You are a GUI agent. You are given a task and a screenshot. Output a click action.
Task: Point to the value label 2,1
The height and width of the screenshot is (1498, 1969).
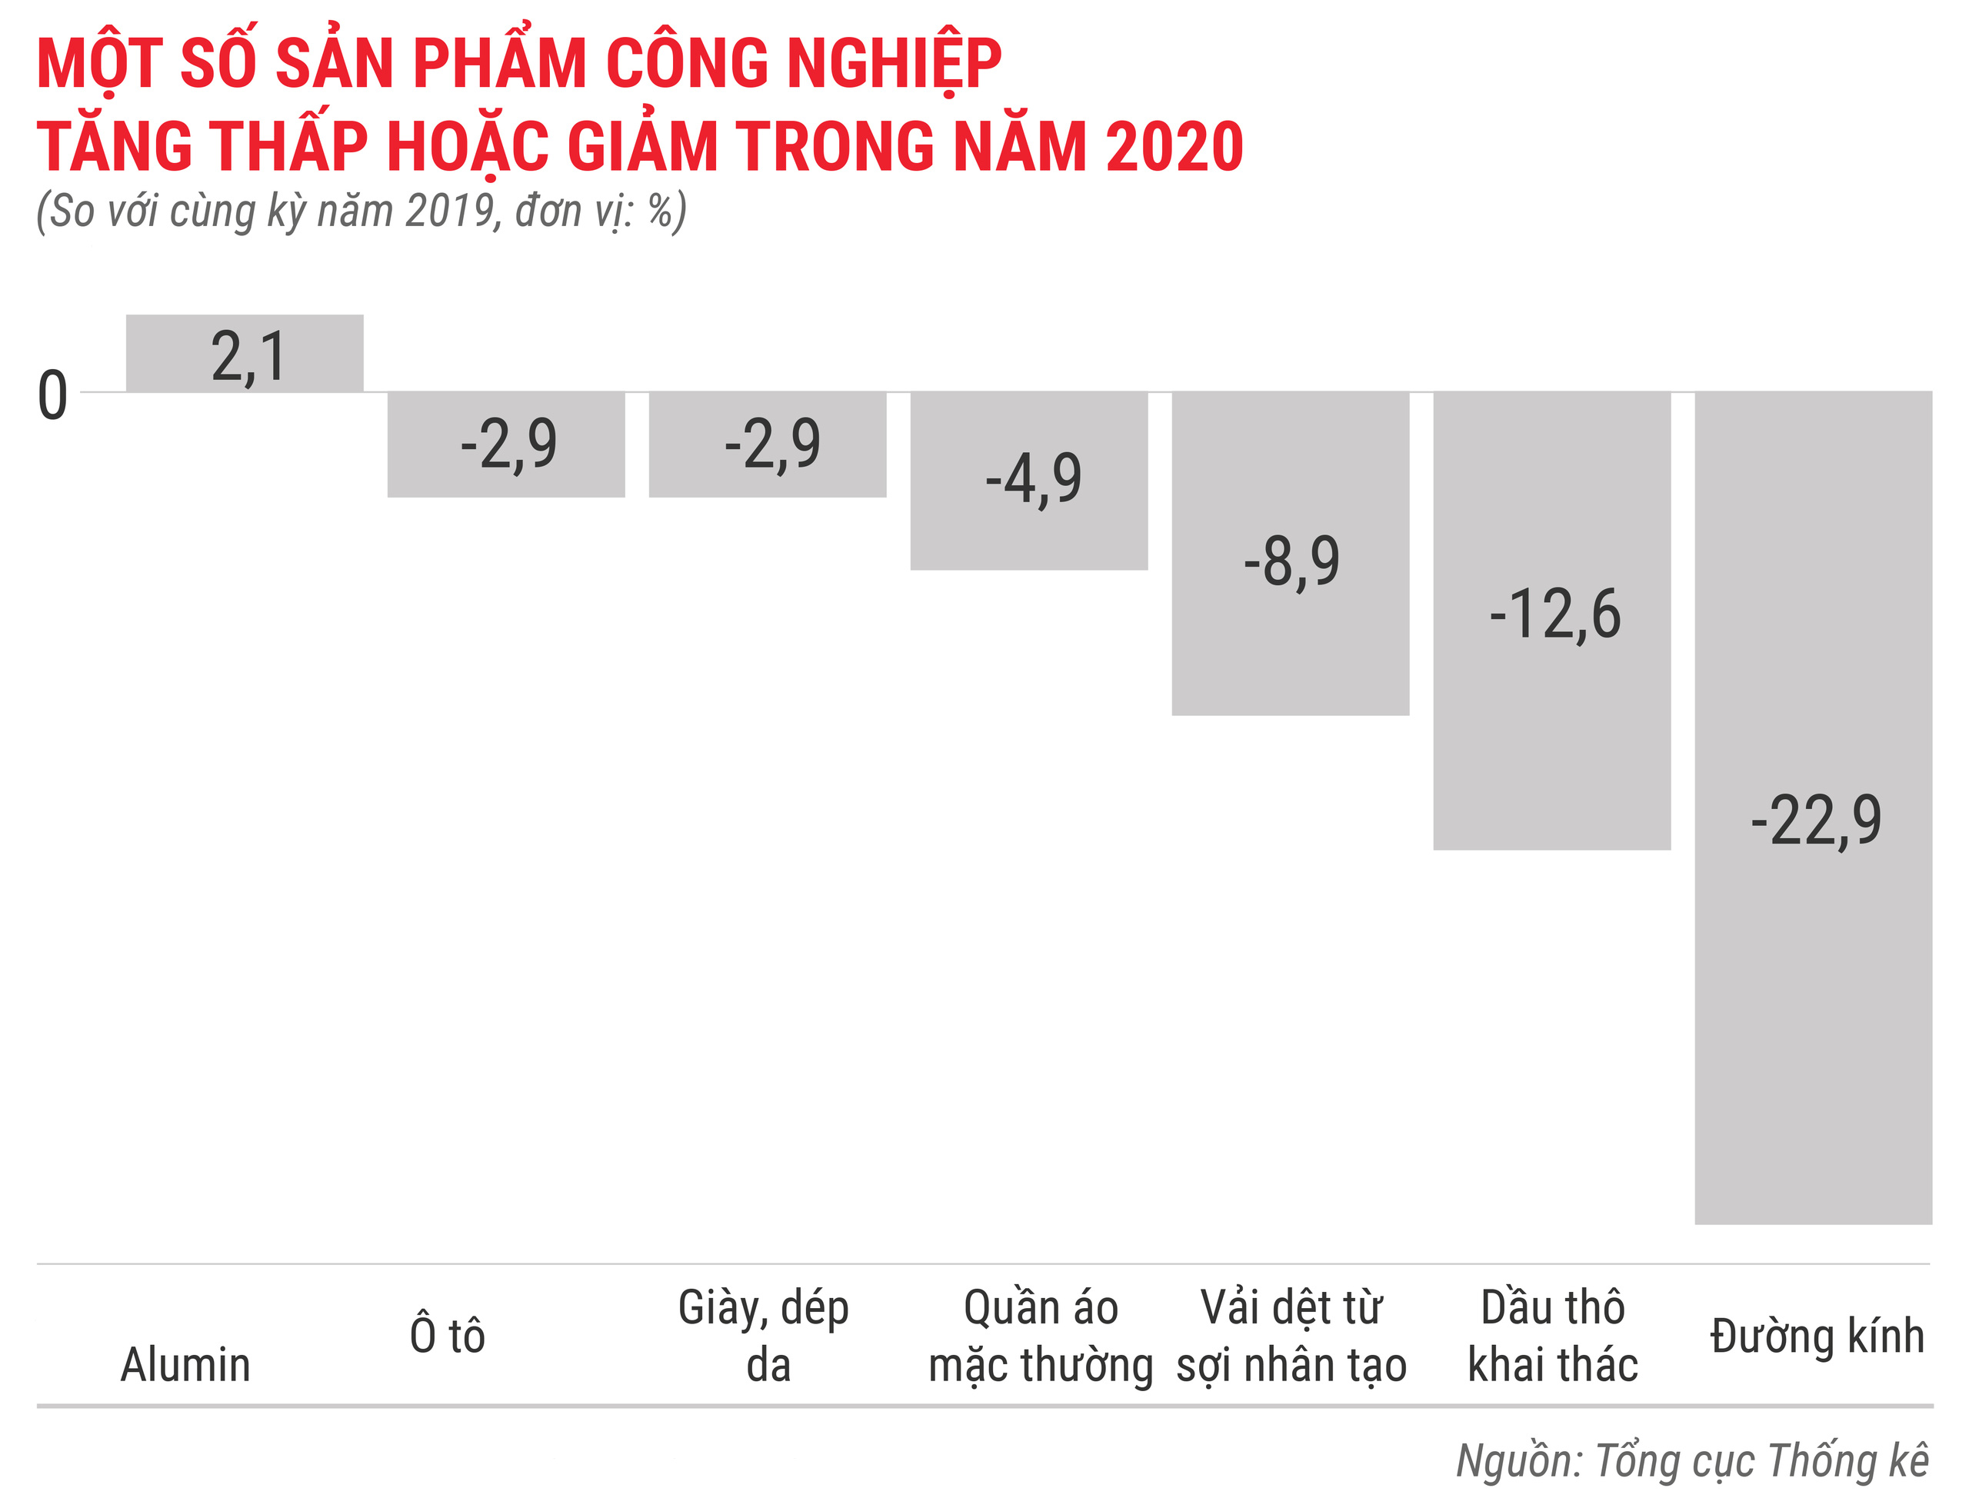point(248,358)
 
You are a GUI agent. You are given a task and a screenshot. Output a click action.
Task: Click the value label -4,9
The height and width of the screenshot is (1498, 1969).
point(1034,479)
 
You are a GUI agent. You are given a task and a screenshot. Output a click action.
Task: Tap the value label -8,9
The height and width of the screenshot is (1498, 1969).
point(1291,561)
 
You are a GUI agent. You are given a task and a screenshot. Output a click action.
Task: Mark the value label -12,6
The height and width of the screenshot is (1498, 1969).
point(1554,614)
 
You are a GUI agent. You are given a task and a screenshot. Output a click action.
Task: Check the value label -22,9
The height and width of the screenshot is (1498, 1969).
point(1816,821)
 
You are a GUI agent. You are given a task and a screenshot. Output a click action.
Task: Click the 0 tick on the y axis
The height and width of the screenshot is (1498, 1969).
point(52,396)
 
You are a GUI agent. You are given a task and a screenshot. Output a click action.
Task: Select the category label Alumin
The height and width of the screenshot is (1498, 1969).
point(185,1365)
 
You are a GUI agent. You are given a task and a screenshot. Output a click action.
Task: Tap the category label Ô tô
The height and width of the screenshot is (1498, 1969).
point(447,1336)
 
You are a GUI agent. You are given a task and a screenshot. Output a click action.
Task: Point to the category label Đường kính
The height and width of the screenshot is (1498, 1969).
point(1817,1336)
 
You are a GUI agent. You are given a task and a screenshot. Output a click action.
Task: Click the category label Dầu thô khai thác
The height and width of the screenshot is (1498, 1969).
point(1553,1336)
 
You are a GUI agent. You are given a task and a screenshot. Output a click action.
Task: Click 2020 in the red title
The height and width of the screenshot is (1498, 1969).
point(1174,146)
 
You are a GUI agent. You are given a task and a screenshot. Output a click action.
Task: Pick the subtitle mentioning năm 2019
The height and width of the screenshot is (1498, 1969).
point(361,211)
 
